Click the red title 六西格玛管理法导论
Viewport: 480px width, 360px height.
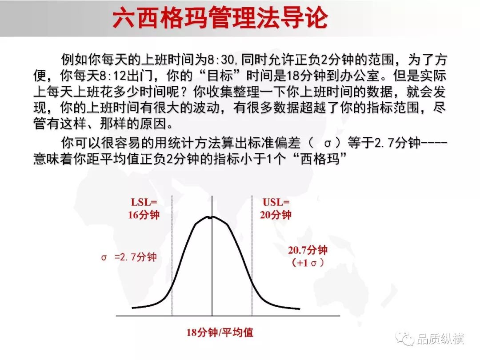tap(220, 18)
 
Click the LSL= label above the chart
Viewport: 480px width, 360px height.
tap(144, 202)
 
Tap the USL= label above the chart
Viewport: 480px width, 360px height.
tap(276, 202)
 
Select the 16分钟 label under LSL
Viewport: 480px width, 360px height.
tap(144, 215)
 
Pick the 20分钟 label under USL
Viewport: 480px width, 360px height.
tap(276, 215)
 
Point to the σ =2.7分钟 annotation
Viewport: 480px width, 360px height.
tap(129, 257)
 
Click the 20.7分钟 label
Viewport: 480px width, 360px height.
tap(308, 250)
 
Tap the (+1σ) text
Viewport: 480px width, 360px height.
tap(308, 262)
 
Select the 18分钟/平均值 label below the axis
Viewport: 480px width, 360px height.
tap(220, 332)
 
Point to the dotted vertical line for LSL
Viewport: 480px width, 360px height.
tap(172, 256)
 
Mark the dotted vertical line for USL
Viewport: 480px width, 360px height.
tap(252, 256)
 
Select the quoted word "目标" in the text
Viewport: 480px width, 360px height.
tap(220, 76)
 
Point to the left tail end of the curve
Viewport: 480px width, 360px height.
tap(132, 308)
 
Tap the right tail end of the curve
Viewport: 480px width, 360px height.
tap(300, 308)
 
